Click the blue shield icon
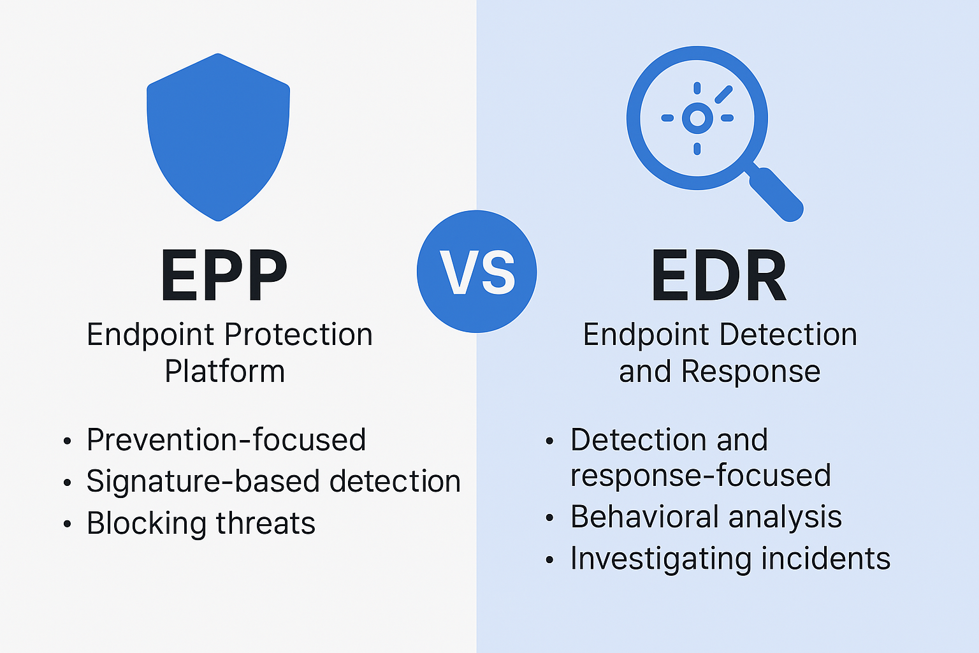tap(218, 137)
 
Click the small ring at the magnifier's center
tap(697, 118)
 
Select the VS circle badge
tap(477, 272)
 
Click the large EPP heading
tap(224, 275)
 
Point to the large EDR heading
tap(719, 275)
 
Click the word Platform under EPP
tap(224, 371)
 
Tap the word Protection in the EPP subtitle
tap(298, 335)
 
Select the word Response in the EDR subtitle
tap(751, 372)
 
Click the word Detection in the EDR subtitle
tap(788, 335)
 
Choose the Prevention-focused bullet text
tap(226, 439)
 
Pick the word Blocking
tap(147, 524)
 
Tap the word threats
tap(266, 523)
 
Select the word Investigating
tap(661, 559)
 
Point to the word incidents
tap(825, 559)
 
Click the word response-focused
tap(700, 476)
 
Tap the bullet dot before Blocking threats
tap(67, 524)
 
